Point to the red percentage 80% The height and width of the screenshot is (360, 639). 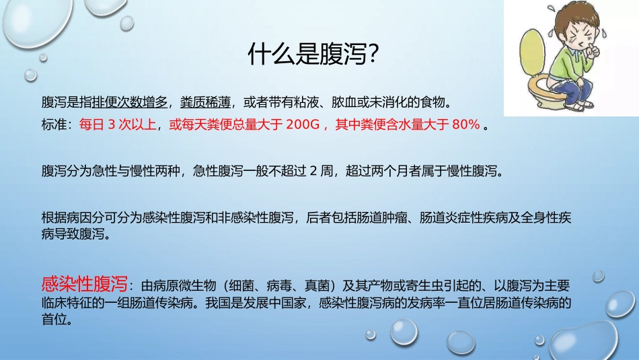[x=466, y=124]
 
